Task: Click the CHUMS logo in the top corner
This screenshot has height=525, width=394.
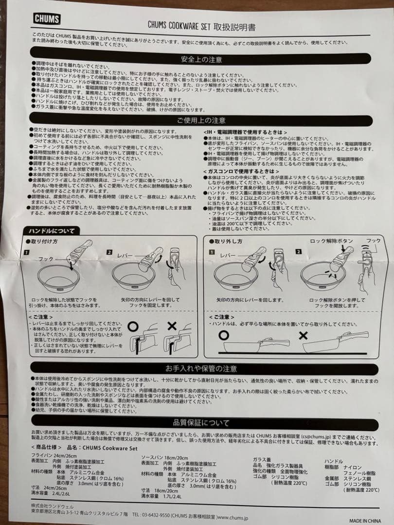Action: (47, 19)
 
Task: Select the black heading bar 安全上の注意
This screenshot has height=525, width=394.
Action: (201, 59)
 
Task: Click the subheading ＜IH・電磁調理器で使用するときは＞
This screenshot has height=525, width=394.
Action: (245, 132)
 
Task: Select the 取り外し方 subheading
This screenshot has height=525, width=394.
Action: (227, 241)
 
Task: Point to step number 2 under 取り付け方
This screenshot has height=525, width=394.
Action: (109, 252)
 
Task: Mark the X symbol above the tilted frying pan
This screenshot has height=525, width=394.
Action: (304, 335)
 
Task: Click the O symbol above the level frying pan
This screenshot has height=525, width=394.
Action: (224, 335)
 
